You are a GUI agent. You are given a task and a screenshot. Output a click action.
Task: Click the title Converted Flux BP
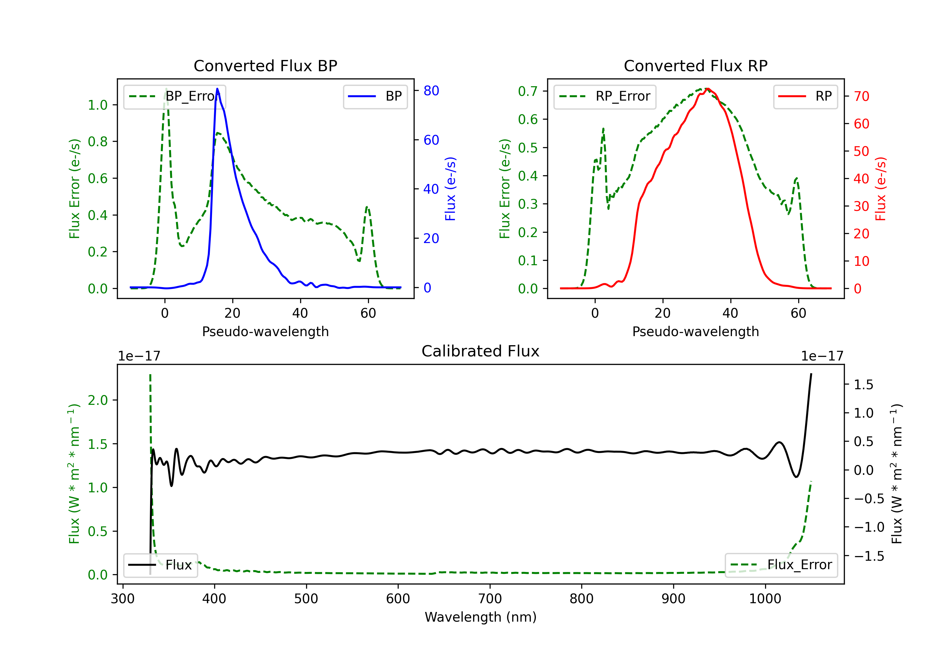[265, 66]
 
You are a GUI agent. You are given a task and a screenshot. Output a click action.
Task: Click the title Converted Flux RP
[695, 66]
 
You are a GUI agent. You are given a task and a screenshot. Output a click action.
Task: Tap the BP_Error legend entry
[174, 96]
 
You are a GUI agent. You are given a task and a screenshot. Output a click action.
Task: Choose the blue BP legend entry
[375, 96]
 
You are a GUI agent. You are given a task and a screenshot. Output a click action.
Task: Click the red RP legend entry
[805, 96]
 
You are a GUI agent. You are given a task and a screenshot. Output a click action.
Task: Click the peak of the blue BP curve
[217, 89]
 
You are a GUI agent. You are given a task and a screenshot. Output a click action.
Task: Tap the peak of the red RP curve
[707, 89]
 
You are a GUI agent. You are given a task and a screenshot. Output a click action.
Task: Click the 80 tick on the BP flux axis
[431, 91]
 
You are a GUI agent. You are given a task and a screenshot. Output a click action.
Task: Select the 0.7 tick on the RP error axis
[527, 91]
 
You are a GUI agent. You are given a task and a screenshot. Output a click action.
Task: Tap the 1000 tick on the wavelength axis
[765, 599]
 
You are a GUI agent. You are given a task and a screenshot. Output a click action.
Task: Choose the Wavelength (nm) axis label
[481, 617]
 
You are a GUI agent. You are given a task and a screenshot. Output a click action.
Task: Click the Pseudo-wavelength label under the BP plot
[265, 331]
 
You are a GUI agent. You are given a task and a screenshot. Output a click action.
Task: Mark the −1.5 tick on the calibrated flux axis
[869, 556]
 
